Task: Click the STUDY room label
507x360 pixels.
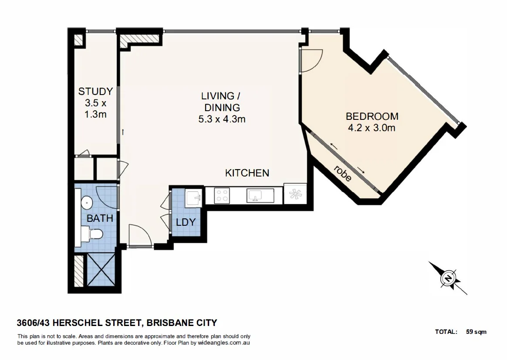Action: coord(95,92)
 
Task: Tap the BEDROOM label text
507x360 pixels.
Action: coord(372,116)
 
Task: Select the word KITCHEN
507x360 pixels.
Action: coord(247,173)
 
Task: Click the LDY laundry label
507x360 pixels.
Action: coord(186,222)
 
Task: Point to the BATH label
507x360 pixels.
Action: coord(100,218)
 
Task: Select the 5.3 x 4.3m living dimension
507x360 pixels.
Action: coord(222,119)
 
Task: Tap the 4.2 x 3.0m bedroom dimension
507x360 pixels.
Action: coord(372,128)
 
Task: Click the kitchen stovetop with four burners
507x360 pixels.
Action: coord(222,195)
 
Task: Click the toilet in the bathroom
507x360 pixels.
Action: coord(94,234)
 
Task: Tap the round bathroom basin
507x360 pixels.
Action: coord(87,202)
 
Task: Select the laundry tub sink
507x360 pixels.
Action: coord(193,197)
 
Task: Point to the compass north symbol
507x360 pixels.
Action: coord(448,278)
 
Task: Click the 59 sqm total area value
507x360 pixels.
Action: coord(476,332)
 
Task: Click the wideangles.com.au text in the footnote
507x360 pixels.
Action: coord(223,343)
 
